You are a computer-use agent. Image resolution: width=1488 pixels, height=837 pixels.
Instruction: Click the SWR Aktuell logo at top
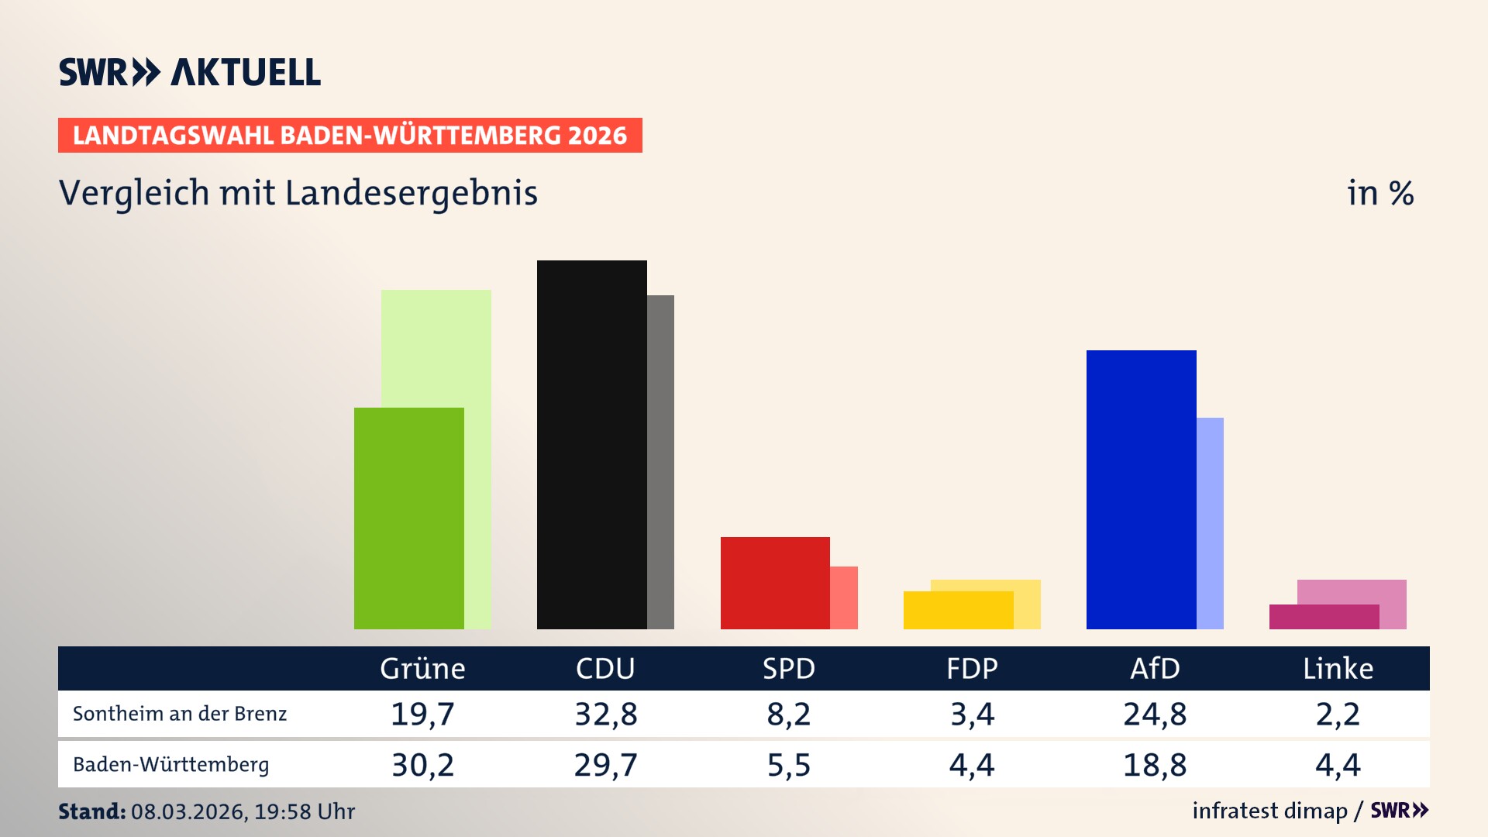coord(190,72)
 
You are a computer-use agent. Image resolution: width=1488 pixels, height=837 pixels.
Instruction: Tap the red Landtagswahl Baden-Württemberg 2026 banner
coord(350,136)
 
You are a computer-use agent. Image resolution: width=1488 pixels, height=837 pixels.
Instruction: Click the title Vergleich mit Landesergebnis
coord(298,193)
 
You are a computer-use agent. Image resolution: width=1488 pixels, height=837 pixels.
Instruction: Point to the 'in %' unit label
coord(1379,194)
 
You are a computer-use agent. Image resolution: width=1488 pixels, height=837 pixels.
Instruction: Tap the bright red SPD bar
coord(774,582)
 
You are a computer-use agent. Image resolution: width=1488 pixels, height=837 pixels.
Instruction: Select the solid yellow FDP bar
coord(958,610)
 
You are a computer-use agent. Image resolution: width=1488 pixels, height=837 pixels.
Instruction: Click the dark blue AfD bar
coord(1141,489)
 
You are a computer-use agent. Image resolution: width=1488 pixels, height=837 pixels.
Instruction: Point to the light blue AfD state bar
coord(1210,523)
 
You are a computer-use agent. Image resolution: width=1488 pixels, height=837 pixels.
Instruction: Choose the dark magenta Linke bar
coord(1324,617)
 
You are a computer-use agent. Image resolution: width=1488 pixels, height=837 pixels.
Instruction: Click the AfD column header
coord(1155,668)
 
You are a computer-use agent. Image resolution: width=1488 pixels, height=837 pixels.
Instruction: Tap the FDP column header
coord(972,668)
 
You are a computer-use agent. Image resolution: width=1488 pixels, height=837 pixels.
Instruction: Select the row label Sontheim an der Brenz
coord(180,714)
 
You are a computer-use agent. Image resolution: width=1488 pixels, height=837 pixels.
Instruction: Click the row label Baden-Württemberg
coord(171,764)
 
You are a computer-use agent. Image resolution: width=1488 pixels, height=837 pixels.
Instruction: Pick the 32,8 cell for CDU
coord(605,714)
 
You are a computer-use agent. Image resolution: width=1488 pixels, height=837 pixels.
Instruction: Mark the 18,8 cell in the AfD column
coord(1155,765)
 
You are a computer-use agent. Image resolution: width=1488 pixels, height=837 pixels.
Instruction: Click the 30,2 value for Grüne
coord(422,765)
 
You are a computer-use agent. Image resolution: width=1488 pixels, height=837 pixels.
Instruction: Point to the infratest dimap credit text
coord(1269,811)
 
